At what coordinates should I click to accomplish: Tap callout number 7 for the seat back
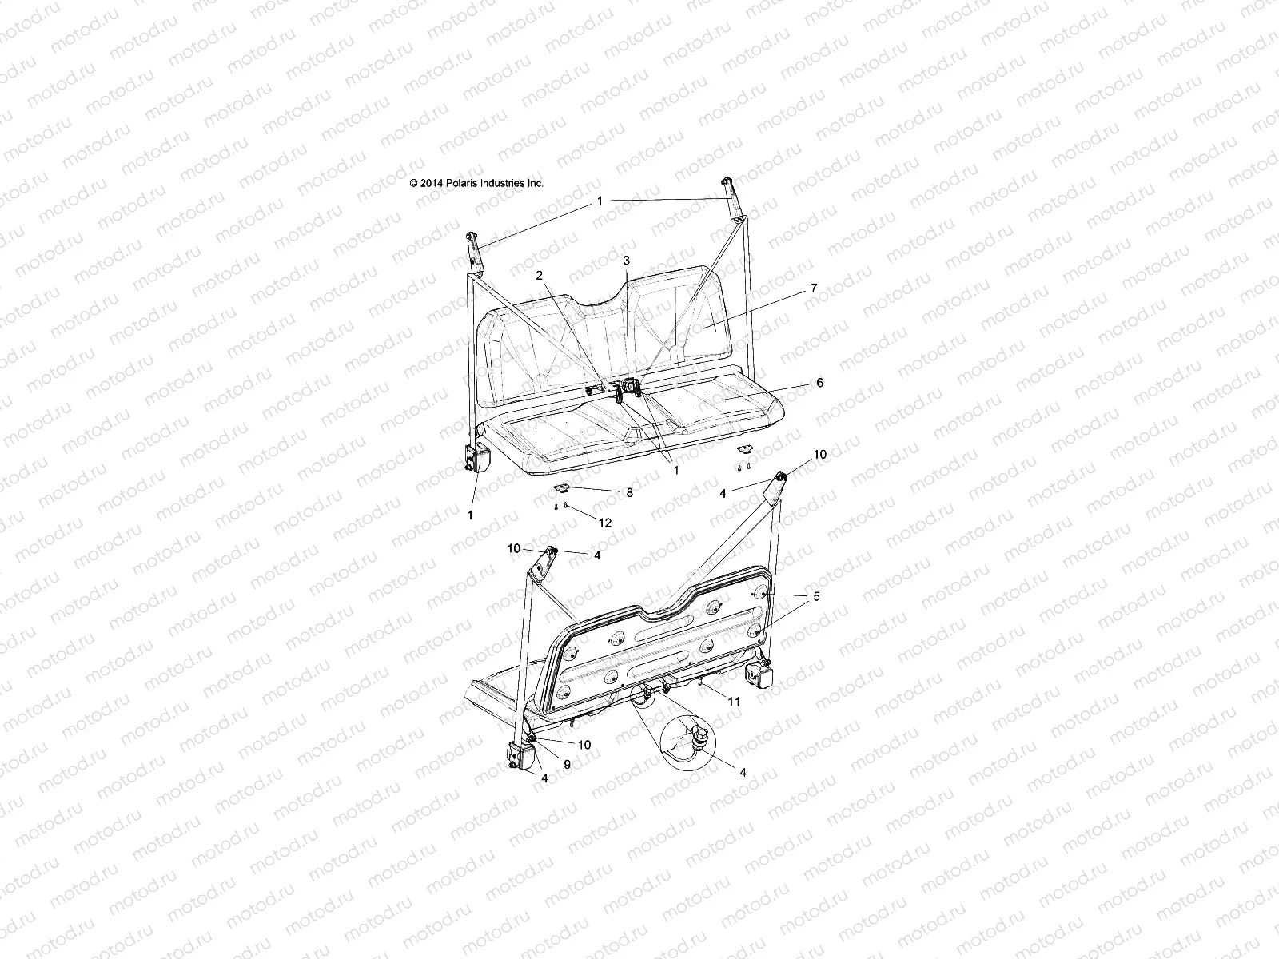(814, 288)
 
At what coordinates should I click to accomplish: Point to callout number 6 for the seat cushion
(819, 383)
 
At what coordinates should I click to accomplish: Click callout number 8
(629, 493)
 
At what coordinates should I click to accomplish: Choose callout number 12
(604, 523)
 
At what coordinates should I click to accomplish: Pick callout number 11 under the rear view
(733, 702)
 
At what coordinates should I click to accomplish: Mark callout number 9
(567, 765)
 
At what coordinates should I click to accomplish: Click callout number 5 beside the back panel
(816, 596)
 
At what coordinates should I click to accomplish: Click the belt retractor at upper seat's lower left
(470, 460)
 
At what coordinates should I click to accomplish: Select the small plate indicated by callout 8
(564, 489)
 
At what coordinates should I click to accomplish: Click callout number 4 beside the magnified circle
(743, 773)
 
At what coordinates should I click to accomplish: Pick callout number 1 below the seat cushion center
(675, 471)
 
